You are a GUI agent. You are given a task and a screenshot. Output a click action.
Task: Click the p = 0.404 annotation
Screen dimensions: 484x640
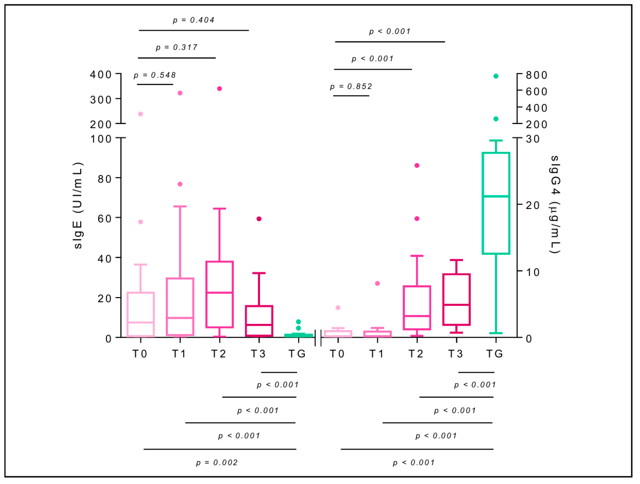click(193, 20)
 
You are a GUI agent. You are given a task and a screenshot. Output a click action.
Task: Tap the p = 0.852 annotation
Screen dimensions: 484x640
click(351, 86)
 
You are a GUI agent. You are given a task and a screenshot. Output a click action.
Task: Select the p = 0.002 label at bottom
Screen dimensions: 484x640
click(217, 463)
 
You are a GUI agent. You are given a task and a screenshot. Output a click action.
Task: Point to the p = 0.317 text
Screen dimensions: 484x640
click(177, 47)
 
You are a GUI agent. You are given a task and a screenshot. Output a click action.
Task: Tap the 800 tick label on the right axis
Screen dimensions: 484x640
click(536, 75)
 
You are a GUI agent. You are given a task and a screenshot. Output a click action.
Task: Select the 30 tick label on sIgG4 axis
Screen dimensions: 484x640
click(532, 139)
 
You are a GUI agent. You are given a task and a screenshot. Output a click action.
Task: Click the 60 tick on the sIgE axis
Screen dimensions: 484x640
click(104, 219)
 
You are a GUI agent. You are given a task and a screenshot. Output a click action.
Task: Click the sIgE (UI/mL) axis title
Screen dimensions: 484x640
click(78, 205)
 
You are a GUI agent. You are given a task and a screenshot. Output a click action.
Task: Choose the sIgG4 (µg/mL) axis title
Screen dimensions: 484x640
click(555, 204)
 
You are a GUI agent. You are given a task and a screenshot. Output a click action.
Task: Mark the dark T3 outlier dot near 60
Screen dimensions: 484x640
click(259, 219)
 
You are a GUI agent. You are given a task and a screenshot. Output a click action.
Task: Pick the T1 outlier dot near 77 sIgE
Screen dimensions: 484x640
click(180, 184)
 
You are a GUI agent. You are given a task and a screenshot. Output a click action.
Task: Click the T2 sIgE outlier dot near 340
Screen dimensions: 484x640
click(219, 88)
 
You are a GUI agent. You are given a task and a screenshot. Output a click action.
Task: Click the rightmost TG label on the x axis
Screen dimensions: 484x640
click(495, 354)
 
